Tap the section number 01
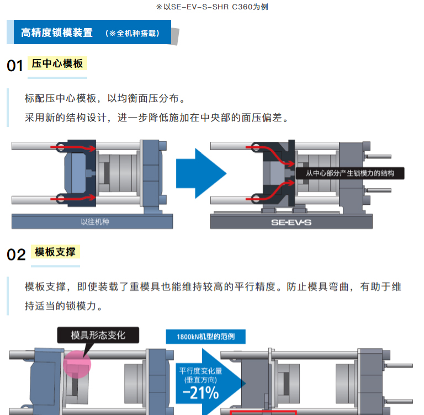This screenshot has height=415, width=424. tap(15, 66)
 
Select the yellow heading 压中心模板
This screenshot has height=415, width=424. tap(57, 63)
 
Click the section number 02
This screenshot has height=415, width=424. tap(16, 254)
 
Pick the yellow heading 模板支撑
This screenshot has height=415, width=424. tap(55, 252)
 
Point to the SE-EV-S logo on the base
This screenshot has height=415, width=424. tap(291, 223)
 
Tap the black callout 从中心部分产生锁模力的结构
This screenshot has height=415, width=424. tap(350, 173)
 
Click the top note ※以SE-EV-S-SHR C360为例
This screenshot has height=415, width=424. tap(211, 7)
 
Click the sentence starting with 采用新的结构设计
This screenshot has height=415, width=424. tap(157, 118)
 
